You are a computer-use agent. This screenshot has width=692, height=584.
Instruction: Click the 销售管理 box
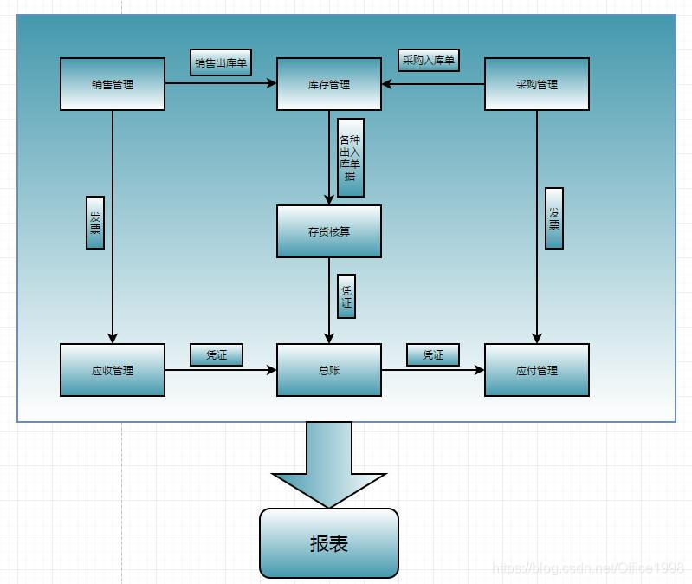(x=113, y=84)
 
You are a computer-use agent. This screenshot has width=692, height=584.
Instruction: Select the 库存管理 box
(x=329, y=84)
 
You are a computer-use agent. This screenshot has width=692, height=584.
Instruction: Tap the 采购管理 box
(x=537, y=84)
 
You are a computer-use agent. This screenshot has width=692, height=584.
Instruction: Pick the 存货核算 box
(x=329, y=231)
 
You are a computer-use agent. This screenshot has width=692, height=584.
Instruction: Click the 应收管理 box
(x=113, y=370)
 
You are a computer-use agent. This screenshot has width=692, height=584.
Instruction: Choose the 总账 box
(x=329, y=370)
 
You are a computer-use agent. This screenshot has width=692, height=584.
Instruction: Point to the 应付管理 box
(x=537, y=370)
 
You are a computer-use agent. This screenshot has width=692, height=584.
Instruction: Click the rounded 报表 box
(x=329, y=543)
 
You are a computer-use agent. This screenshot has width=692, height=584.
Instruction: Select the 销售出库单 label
(x=221, y=62)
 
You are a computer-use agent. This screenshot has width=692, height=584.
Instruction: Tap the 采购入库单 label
(x=429, y=61)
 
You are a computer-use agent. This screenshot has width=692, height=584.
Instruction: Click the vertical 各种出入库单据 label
(x=350, y=158)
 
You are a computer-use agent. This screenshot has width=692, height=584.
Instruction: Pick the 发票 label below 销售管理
(x=95, y=223)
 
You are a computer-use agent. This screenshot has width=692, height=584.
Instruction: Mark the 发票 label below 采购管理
(x=554, y=218)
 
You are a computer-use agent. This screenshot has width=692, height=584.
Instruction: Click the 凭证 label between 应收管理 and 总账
(x=217, y=354)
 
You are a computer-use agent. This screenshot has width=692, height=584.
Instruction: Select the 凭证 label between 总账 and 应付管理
(x=433, y=354)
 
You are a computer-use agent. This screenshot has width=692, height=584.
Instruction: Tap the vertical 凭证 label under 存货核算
(x=346, y=296)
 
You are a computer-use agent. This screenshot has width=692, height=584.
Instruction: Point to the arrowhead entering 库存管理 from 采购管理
(x=387, y=84)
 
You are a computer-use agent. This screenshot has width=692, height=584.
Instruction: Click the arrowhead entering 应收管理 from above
(x=113, y=338)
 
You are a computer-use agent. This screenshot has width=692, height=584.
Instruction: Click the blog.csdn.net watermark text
(x=589, y=568)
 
